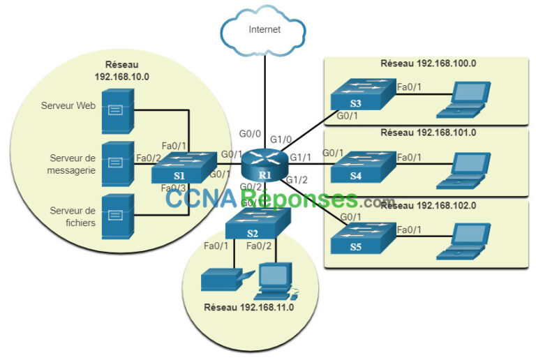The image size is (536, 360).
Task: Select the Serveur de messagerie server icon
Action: [x=116, y=163]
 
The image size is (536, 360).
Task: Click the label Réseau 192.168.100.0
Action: [x=428, y=63]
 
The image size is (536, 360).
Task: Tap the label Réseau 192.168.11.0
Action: [x=249, y=307]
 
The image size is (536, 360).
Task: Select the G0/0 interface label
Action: [x=250, y=133]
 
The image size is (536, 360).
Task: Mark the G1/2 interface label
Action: [x=297, y=180]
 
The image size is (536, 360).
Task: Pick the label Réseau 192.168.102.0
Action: [x=428, y=205]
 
